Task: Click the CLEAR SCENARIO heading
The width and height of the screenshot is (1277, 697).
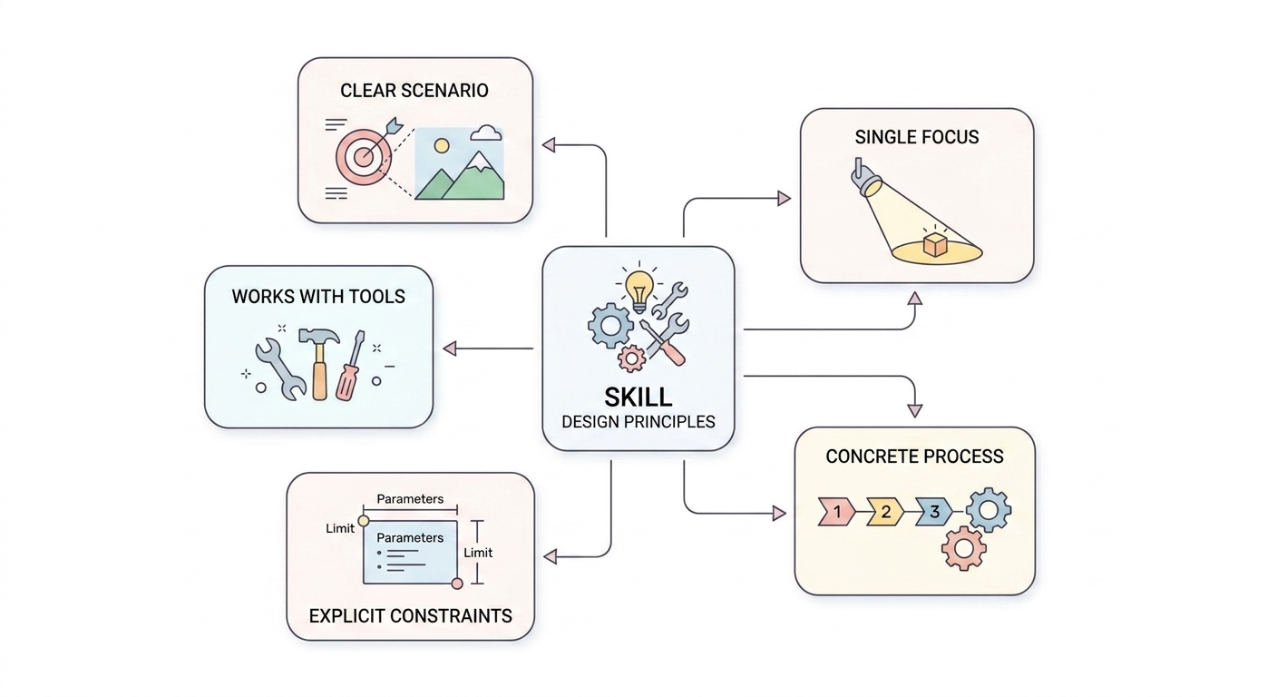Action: pos(414,91)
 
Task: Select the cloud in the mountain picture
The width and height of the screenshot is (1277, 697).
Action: pos(486,134)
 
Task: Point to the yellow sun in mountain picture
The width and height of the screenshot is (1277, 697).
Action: pos(442,145)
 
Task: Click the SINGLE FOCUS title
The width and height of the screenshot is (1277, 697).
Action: pos(916,138)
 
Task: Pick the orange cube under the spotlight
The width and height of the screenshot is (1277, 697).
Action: pos(934,244)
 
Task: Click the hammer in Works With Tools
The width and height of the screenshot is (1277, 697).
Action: pos(318,358)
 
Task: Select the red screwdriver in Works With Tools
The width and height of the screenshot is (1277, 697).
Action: pos(350,368)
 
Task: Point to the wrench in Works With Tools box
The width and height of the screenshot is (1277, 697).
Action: pos(279,368)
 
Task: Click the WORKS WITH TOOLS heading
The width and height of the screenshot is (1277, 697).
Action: pos(318,297)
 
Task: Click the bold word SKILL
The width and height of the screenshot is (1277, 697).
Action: pos(638,397)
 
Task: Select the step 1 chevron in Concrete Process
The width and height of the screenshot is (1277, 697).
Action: pos(836,512)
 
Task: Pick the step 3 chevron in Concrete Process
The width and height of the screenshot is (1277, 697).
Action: pos(933,512)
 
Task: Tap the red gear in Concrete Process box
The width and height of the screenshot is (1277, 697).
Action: pos(963,547)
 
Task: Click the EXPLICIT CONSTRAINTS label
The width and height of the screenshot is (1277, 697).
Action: pos(410,615)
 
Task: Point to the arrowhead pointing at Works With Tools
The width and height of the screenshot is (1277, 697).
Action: pos(449,348)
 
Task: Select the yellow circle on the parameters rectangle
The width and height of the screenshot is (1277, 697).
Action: pos(364,521)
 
